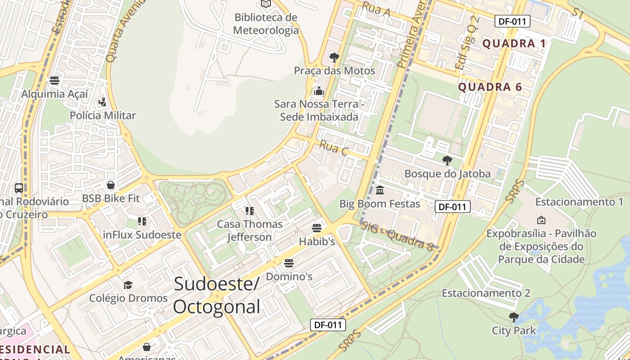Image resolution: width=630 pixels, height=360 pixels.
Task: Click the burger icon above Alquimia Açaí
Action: tap(54, 81)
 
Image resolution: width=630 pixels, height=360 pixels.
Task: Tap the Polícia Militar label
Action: tap(103, 116)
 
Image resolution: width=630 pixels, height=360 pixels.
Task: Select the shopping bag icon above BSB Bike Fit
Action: tap(110, 185)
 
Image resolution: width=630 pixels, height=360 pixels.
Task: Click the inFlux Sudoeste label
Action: tap(142, 235)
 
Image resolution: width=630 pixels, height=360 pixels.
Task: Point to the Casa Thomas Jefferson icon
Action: tap(250, 211)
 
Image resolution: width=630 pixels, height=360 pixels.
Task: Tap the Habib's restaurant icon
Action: tap(317, 228)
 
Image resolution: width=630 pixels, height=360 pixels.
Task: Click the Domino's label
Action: tap(289, 276)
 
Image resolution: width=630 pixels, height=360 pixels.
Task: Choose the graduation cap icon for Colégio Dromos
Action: tap(128, 285)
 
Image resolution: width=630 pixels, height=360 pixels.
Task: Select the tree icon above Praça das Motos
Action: tap(334, 57)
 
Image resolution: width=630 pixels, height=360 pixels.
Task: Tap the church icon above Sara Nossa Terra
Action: tap(319, 91)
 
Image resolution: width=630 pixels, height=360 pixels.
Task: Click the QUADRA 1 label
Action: tap(514, 44)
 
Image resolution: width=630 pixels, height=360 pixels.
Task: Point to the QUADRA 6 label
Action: tap(490, 87)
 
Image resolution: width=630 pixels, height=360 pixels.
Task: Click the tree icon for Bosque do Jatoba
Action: tap(447, 160)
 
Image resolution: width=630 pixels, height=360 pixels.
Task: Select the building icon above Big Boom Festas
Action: tap(379, 190)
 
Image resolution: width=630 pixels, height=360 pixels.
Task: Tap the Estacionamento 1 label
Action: tap(579, 202)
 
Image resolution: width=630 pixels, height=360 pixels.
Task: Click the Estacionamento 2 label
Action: tap(486, 293)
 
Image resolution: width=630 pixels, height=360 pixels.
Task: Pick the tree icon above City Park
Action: tap(513, 317)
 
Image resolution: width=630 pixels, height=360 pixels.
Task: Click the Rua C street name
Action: tap(333, 148)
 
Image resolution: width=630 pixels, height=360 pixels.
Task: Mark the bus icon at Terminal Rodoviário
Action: tap(19, 188)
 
